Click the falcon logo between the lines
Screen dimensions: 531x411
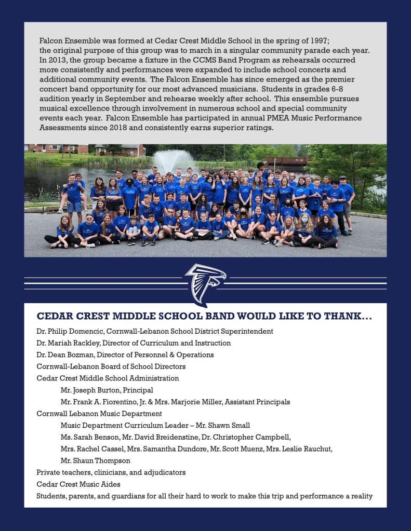tap(205, 283)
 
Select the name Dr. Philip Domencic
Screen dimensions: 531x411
tap(69, 331)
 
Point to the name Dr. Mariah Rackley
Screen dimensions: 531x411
tap(68, 343)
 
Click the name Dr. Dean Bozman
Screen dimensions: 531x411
tap(65, 355)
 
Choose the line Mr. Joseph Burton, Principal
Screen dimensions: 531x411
tap(107, 390)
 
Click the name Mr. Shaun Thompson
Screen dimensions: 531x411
tap(95, 461)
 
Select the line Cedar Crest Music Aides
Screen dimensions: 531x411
tap(78, 484)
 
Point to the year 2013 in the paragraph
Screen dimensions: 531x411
tap(57, 60)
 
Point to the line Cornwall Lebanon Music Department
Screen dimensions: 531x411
tap(99, 414)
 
